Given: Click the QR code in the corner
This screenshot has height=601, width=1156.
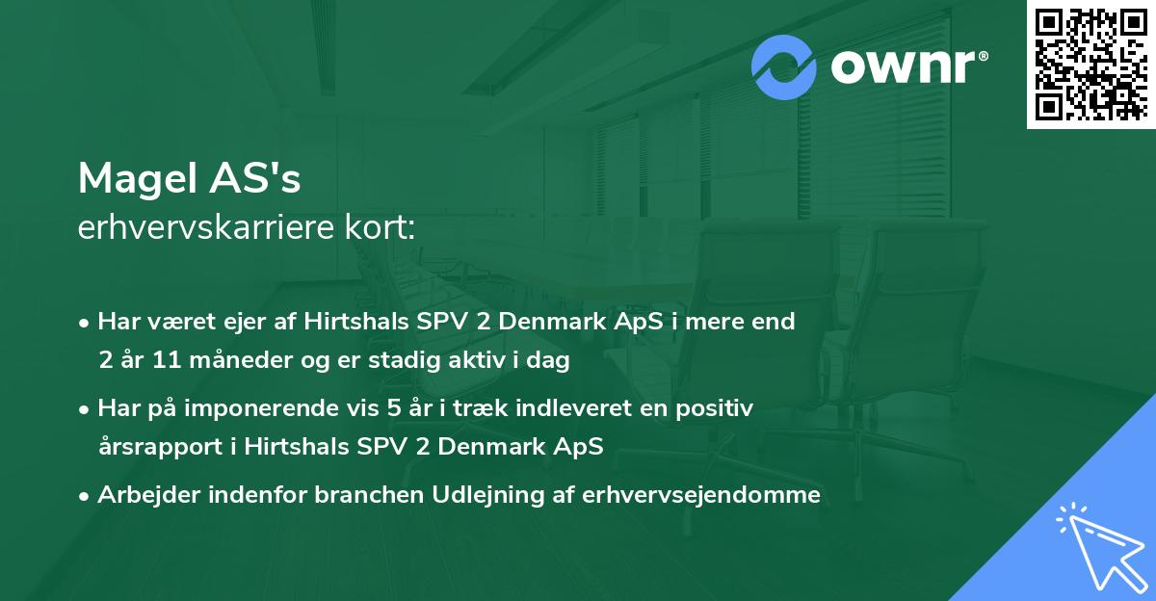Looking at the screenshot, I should point(1091,64).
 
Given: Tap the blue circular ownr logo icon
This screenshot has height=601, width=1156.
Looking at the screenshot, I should point(783,66).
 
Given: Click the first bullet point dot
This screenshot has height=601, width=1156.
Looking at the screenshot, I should point(86,323).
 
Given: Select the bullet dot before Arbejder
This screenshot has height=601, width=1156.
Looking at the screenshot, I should point(86,496).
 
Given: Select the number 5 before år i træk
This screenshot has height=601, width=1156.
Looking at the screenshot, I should point(393,408).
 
